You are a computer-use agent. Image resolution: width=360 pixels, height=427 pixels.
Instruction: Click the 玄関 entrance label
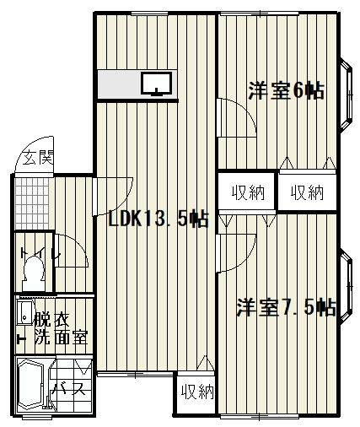coord(38,158)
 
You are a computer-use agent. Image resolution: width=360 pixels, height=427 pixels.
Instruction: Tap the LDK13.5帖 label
coord(159,219)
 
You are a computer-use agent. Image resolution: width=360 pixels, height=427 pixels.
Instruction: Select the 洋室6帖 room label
coord(286,90)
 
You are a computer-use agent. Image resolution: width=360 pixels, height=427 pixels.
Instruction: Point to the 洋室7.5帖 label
coord(286,307)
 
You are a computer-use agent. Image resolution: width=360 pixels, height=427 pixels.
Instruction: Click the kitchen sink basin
coord(156,84)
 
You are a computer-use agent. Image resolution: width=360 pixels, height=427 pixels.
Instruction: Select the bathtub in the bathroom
coord(31,385)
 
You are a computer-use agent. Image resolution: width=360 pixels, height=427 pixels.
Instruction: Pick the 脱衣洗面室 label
coord(61,329)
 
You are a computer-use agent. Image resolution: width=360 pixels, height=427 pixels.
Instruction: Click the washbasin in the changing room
coord(24,313)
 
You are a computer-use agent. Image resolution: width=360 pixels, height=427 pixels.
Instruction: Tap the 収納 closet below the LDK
coord(197,392)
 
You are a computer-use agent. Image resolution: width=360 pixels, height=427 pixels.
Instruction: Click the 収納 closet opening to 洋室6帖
coord(308,192)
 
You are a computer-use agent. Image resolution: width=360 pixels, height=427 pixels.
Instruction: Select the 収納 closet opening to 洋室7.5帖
coord(247,192)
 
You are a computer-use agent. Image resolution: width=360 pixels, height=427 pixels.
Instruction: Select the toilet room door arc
coord(80,246)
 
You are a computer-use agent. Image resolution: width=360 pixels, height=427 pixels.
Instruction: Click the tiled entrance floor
coord(32,203)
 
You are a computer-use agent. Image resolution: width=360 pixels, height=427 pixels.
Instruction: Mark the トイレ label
coord(40,254)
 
